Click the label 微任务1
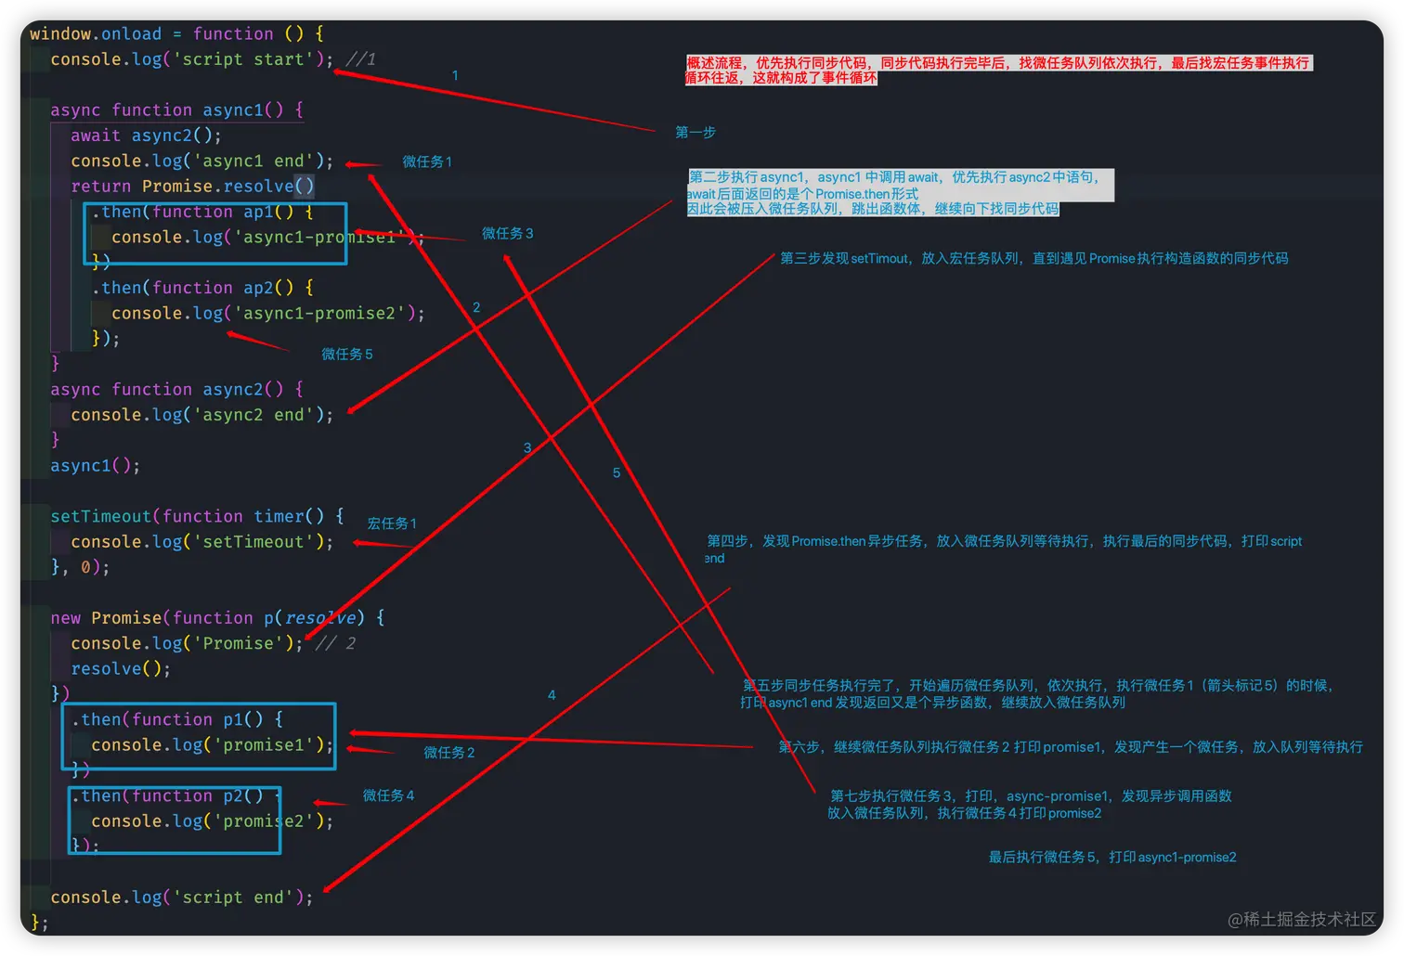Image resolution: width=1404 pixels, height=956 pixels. click(427, 161)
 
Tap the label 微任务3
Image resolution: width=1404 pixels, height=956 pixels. click(507, 234)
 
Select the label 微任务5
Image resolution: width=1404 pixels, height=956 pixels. click(347, 355)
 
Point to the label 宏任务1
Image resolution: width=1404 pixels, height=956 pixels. click(392, 523)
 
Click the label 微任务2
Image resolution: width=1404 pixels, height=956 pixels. click(449, 753)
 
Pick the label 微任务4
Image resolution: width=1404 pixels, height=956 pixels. click(388, 795)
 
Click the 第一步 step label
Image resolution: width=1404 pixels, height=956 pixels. click(695, 133)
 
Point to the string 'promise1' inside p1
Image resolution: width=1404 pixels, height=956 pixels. click(264, 745)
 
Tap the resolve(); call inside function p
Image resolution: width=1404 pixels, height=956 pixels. click(121, 669)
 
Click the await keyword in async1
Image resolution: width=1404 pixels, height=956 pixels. click(96, 136)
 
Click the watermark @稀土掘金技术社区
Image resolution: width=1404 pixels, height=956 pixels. click(1302, 919)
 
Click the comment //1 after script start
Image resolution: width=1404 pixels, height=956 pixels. click(360, 59)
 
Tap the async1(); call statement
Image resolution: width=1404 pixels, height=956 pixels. click(95, 466)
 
